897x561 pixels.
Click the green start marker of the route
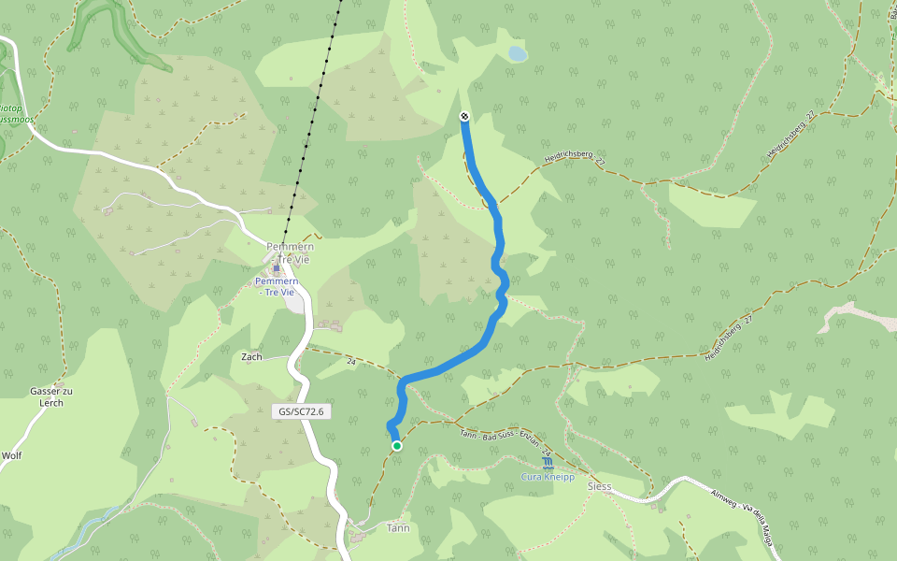tap(397, 446)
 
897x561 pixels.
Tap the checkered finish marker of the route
tap(464, 116)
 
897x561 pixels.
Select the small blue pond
tap(517, 54)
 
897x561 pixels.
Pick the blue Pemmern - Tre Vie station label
tap(277, 286)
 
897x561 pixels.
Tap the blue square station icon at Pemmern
tap(277, 268)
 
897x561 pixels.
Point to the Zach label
tap(251, 357)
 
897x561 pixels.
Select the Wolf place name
tap(11, 456)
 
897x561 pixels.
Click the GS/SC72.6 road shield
tap(301, 411)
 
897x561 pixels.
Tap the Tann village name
tap(398, 528)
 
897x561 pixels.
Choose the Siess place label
tap(599, 486)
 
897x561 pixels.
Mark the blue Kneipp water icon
tap(547, 462)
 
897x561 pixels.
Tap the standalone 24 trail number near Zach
tap(351, 361)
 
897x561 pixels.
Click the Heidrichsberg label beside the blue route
tap(573, 161)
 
